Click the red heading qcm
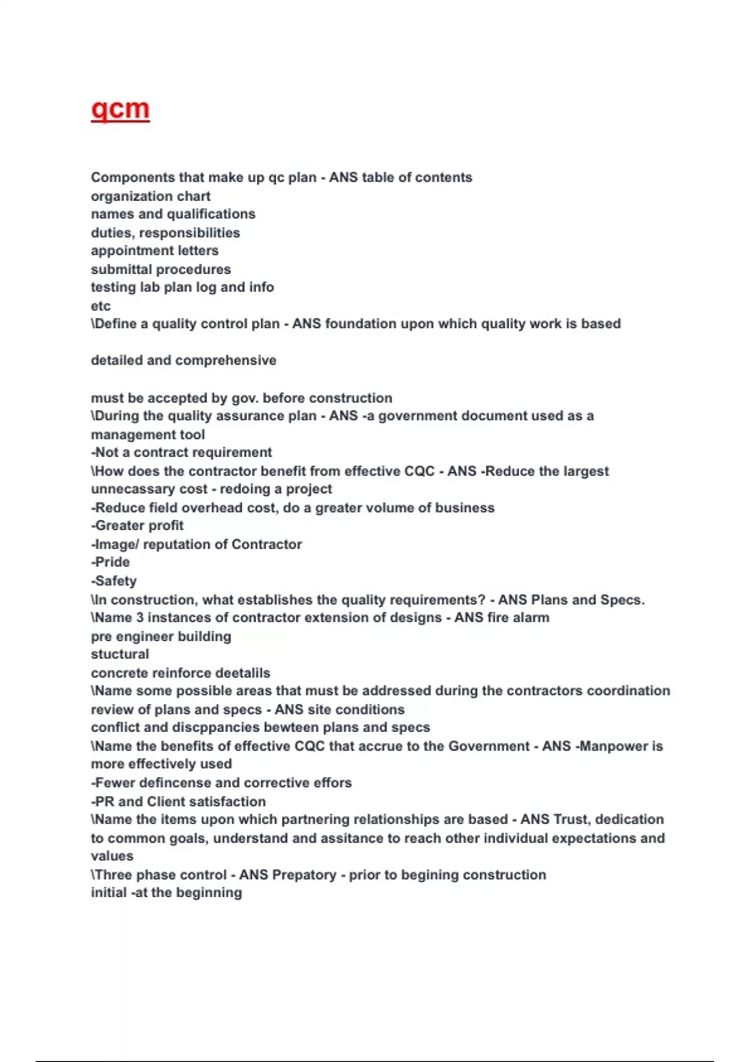[120, 109]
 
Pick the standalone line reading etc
[101, 306]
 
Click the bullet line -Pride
[111, 562]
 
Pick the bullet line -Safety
[114, 581]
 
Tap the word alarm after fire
[531, 618]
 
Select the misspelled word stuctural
[120, 654]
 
